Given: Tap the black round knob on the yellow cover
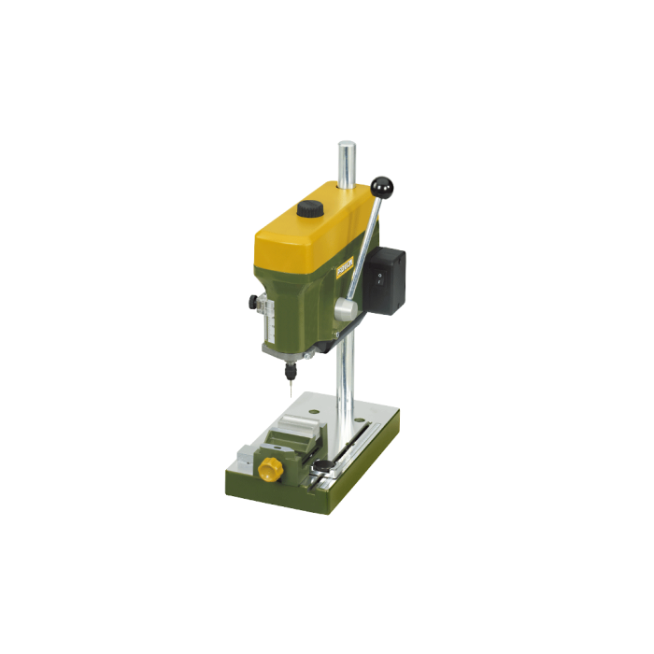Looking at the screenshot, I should pyautogui.click(x=309, y=209).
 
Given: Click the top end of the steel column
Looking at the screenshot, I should pyautogui.click(x=346, y=147).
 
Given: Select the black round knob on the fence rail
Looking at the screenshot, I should pyautogui.click(x=321, y=464).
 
